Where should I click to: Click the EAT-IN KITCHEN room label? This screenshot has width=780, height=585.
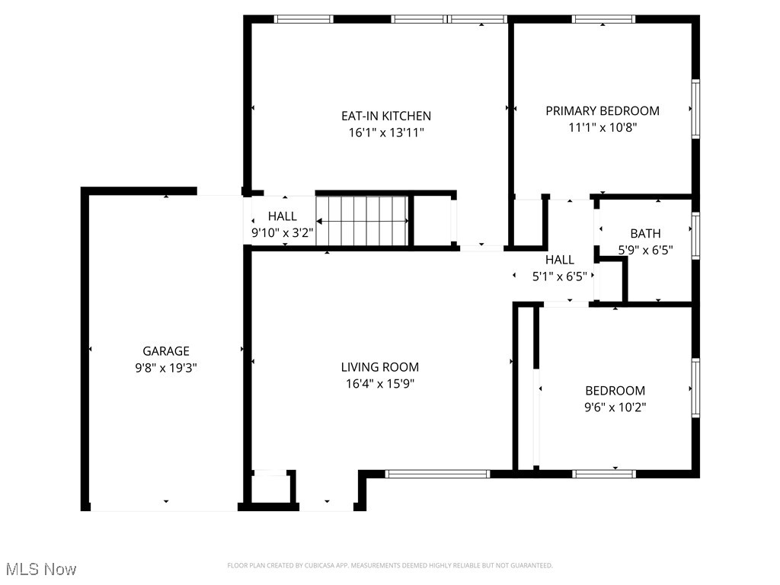pos(385,116)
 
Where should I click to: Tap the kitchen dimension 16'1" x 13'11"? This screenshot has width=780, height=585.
pos(385,133)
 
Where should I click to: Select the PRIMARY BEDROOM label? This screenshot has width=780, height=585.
pos(603,110)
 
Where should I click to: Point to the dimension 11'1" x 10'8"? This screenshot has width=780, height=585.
pos(603,127)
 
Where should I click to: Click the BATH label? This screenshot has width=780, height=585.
pos(645,233)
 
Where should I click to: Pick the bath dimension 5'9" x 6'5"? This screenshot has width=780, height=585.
pos(645,249)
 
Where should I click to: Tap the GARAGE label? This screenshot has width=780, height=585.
pos(166,351)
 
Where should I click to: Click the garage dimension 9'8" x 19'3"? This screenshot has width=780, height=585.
pos(166,367)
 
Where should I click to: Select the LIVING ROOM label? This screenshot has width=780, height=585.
pos(379,367)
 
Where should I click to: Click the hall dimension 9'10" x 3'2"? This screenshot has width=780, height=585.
pos(283,233)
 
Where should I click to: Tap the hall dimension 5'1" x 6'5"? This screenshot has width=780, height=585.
pos(560,277)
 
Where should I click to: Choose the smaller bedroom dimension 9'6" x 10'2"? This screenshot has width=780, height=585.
pos(614,407)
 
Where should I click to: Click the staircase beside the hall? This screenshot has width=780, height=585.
pos(363,221)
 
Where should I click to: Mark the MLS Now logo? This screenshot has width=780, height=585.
pos(41,569)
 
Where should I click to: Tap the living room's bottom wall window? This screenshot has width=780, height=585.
pos(437,474)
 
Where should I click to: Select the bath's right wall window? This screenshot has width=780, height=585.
pos(695,237)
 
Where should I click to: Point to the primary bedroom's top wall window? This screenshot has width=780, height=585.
pos(603,19)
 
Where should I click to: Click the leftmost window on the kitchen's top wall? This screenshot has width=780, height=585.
pos(304,19)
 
